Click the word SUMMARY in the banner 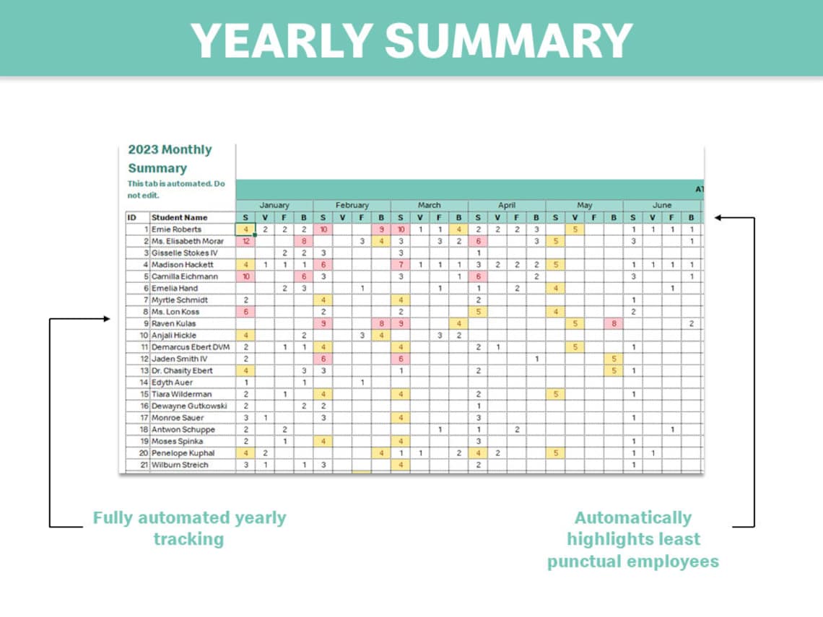pos(508,40)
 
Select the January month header pos(274,206)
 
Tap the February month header pos(352,206)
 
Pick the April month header pos(507,206)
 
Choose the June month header pos(661,206)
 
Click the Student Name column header pos(179,217)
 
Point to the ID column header pos(132,217)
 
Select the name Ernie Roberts pos(177,229)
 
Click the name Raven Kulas pos(174,324)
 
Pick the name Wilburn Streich pos(180,465)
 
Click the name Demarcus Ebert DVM pos(191,347)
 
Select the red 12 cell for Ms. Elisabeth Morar pos(246,241)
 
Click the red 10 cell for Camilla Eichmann pos(246,276)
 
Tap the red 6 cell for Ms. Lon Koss pos(246,312)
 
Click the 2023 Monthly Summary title pos(170,159)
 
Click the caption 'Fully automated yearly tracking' pos(189,528)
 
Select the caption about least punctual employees pos(632,539)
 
